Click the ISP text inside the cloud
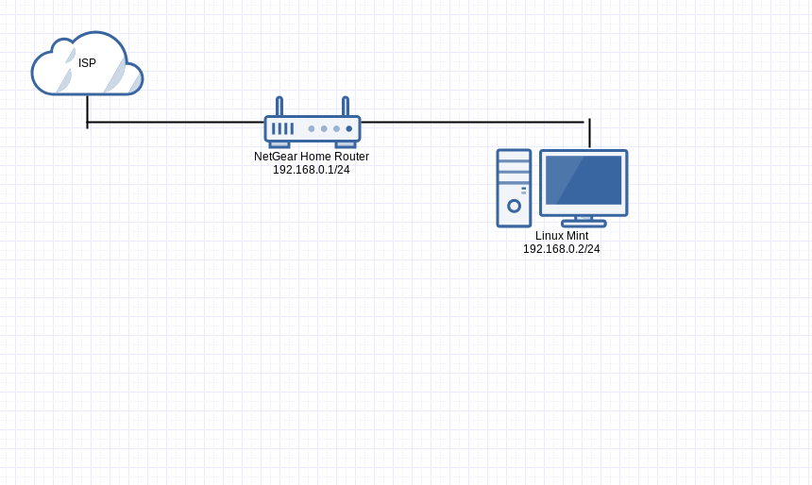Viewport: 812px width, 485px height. coord(87,63)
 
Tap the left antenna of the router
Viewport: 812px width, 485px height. coord(279,106)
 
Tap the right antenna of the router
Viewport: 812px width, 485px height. coord(346,106)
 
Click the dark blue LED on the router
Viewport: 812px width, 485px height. coord(349,128)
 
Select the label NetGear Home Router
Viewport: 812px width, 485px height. coord(312,157)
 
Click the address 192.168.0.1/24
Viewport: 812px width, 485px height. coord(312,170)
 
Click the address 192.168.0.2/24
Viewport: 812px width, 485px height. coord(562,249)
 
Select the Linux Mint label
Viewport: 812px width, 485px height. coord(562,236)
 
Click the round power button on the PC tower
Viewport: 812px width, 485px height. coord(514,206)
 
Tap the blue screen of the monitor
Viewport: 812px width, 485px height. coord(584,180)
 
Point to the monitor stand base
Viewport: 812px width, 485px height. coord(584,224)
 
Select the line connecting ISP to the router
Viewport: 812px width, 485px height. coord(175,122)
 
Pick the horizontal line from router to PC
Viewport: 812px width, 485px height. coord(472,122)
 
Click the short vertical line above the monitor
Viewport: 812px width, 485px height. coord(589,134)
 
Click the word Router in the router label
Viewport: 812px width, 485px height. coord(351,157)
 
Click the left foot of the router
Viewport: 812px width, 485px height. coord(279,144)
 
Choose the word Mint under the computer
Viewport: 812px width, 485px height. coord(577,236)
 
